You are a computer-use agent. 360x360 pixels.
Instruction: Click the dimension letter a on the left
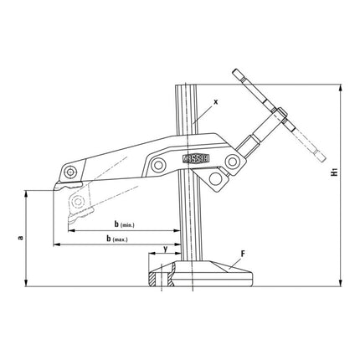coord(18,237)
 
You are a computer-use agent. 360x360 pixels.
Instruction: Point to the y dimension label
coord(165,248)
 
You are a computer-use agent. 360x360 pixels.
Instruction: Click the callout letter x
coord(215,101)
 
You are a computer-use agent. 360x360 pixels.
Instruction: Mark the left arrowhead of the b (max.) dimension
coord(57,245)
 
